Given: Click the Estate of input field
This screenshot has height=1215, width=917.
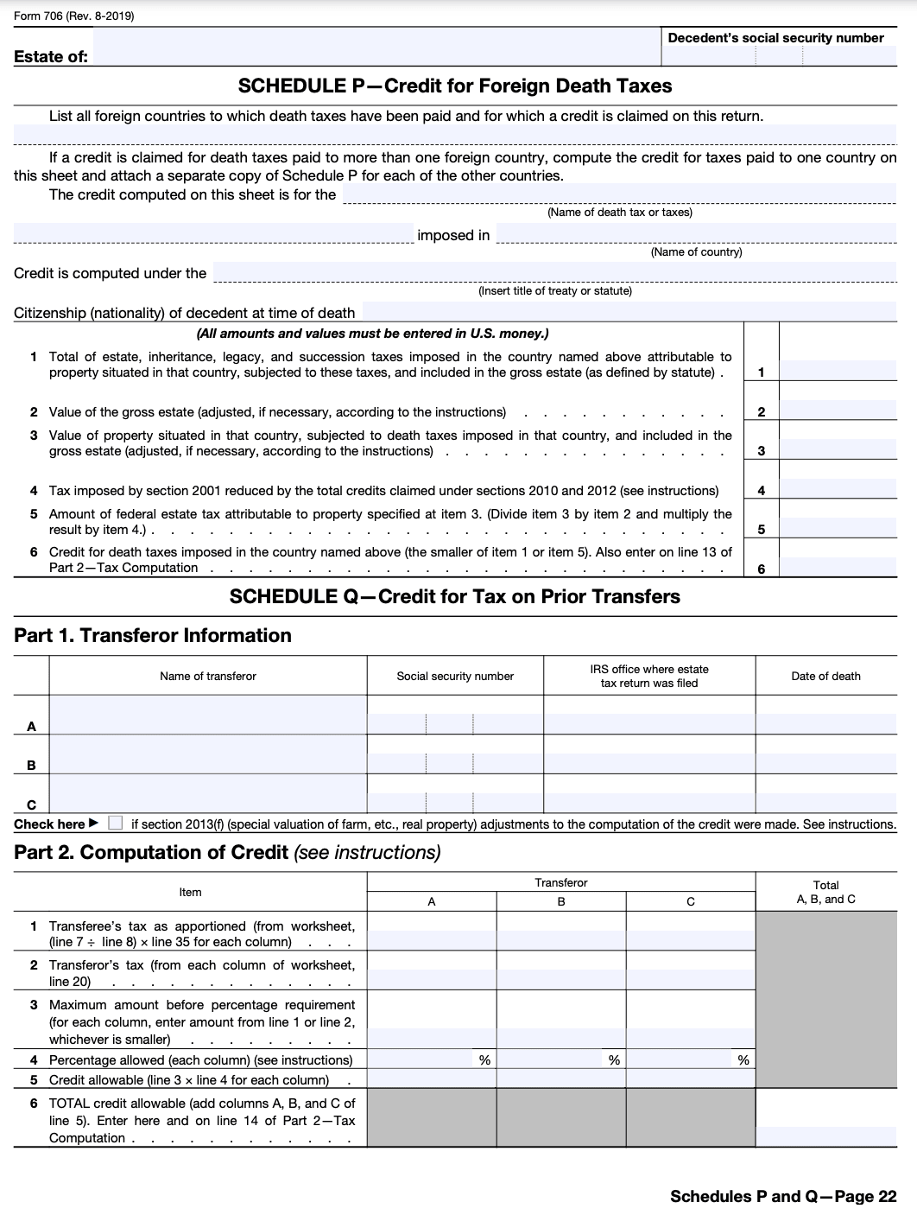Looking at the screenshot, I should (376, 48).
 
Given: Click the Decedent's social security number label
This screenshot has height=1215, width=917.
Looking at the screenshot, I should (775, 38).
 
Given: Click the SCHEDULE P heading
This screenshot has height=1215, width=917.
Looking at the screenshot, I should (454, 86).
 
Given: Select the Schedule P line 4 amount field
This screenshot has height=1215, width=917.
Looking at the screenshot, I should (838, 490).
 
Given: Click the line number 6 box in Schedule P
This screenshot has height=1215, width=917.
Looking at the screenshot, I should (761, 568).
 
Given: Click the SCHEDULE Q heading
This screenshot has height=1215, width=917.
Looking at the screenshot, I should (454, 597).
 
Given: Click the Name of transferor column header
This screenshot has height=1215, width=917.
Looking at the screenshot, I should (207, 677).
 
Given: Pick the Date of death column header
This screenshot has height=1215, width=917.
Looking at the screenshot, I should (825, 677).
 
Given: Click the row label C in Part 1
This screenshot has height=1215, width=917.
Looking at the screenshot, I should (31, 804).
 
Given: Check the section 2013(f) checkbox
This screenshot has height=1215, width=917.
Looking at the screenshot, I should (116, 824).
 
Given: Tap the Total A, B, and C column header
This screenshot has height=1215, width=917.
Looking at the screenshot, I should (825, 892).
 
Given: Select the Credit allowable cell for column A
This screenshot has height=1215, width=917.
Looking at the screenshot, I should (432, 1080).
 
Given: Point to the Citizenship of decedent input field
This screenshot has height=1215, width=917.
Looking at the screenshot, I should (628, 312).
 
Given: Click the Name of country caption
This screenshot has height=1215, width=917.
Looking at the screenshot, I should (696, 252).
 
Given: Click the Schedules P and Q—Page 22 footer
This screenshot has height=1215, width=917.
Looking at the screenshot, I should (783, 1197).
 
